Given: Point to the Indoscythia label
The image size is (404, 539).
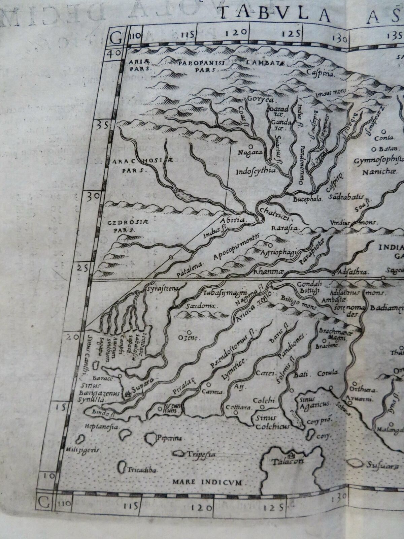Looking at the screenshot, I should click(x=256, y=170).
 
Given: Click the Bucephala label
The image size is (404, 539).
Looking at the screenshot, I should click(x=308, y=199).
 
